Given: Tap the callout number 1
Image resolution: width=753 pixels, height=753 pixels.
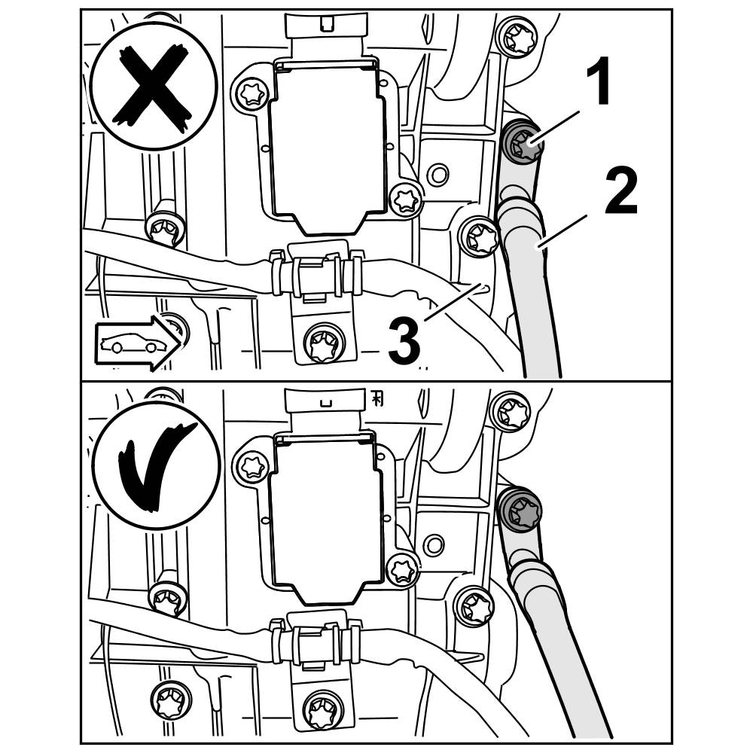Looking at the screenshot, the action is coord(599,84).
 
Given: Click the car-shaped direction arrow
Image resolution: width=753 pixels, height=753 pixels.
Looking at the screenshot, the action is coord(136,344).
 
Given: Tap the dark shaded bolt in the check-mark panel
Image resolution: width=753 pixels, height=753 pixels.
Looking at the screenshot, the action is coord(520,513).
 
